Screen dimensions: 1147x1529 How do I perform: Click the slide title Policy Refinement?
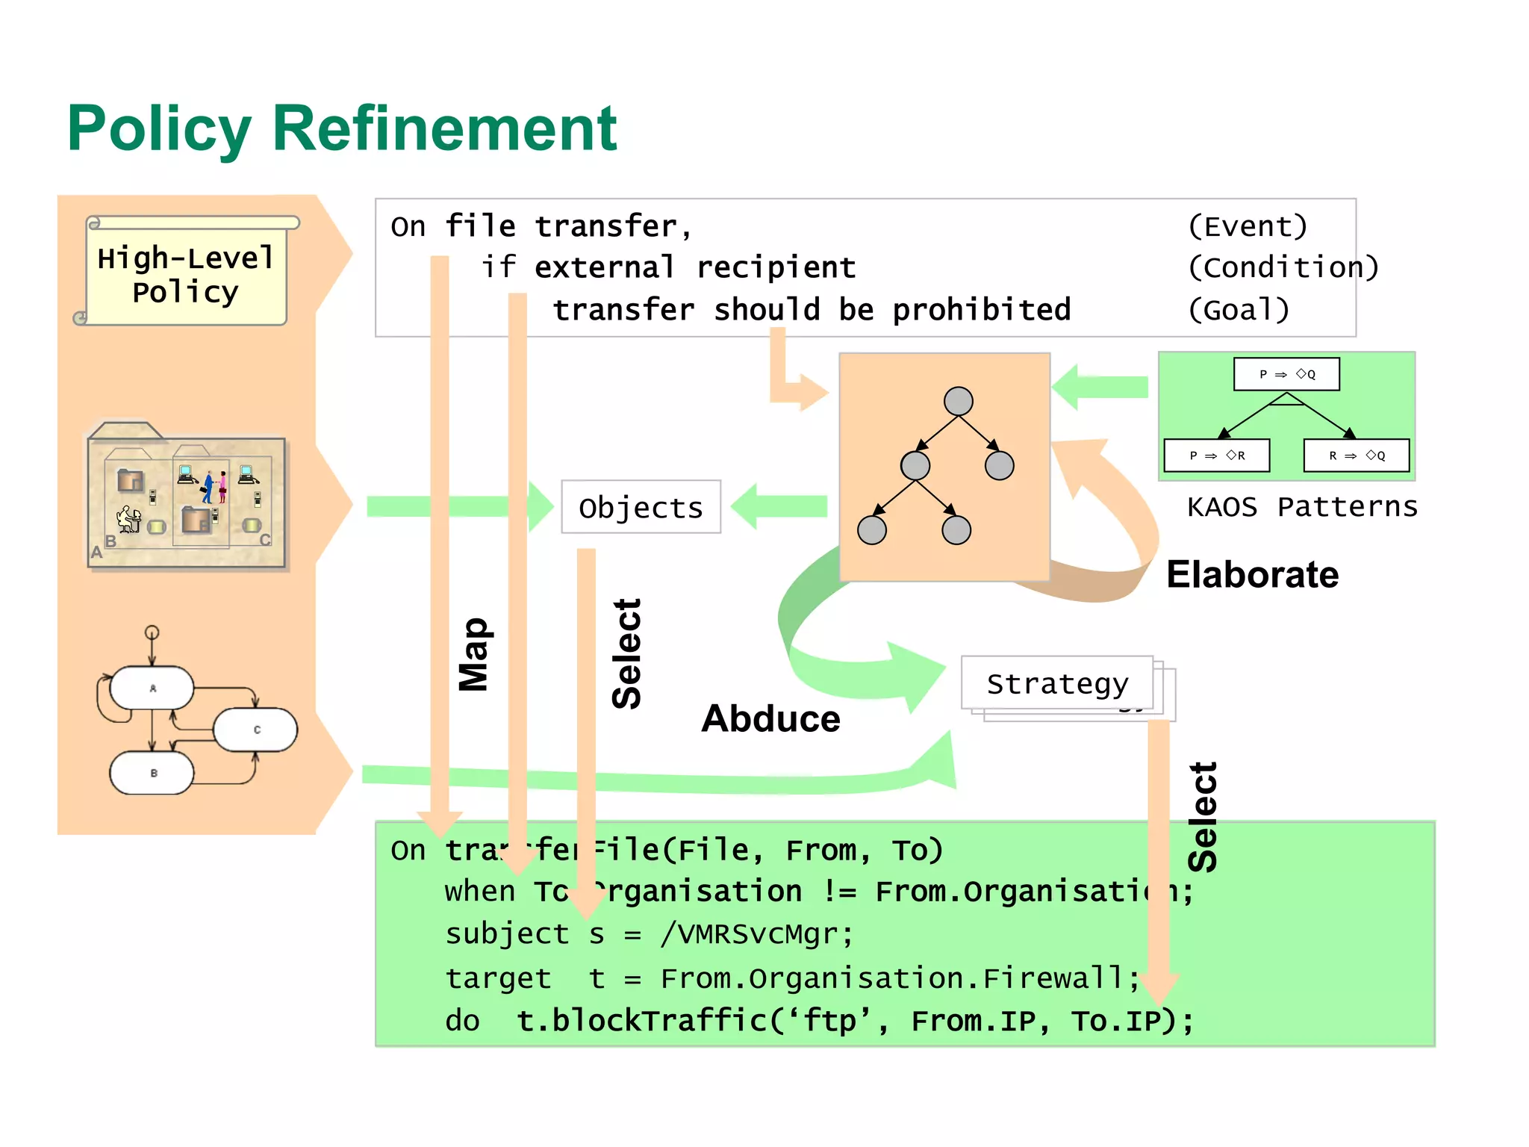(x=342, y=128)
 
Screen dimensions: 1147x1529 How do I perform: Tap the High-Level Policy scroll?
(x=186, y=275)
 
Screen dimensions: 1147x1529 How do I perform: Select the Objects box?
(x=641, y=507)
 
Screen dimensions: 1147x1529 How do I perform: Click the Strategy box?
(x=1056, y=683)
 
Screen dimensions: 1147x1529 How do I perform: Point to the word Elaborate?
(x=1252, y=575)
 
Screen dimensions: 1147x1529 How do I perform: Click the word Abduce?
(x=770, y=718)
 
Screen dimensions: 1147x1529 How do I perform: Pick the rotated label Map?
(x=473, y=654)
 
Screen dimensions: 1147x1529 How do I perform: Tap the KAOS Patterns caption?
(x=1301, y=507)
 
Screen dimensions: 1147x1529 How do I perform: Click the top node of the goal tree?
(x=958, y=401)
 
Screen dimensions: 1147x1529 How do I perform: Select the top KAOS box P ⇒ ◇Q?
(x=1286, y=374)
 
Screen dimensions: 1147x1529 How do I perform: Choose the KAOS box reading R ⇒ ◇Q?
(x=1356, y=456)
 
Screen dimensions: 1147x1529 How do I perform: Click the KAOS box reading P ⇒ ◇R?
(x=1217, y=456)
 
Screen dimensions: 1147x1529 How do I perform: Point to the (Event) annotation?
(x=1248, y=226)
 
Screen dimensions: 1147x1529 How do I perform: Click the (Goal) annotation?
(x=1239, y=310)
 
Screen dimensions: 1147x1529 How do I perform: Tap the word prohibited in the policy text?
(x=981, y=310)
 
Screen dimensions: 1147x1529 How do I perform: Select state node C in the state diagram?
(x=256, y=730)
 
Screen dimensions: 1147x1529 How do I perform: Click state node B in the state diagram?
(x=152, y=773)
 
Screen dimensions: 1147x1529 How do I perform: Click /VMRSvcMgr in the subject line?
(x=756, y=934)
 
